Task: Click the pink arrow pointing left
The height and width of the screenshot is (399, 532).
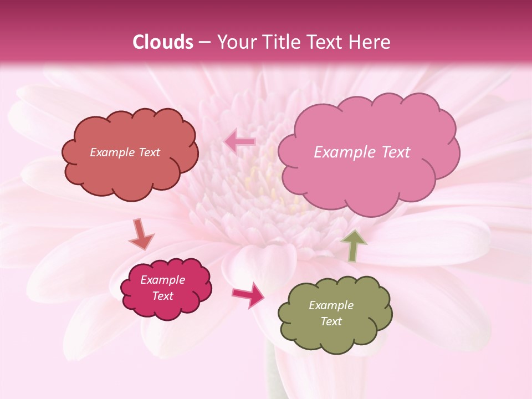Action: [240, 142]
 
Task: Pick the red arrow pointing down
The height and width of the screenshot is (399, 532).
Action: [141, 234]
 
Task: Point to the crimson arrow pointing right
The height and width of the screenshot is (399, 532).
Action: [249, 294]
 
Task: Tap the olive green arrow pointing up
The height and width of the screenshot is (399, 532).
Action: [354, 245]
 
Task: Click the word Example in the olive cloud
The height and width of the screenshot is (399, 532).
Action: [331, 305]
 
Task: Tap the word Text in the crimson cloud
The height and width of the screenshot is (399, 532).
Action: [163, 296]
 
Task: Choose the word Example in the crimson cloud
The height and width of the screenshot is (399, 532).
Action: [162, 280]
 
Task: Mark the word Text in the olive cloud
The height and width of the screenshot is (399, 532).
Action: [331, 321]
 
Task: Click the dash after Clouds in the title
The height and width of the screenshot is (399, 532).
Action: [204, 43]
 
